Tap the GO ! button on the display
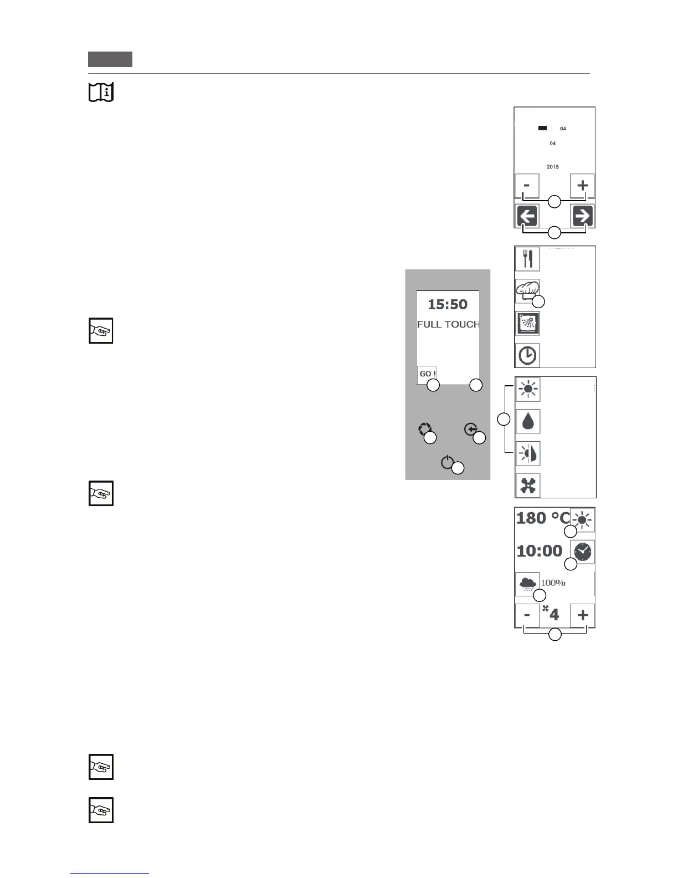[427, 374]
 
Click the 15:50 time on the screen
[448, 304]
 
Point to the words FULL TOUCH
[448, 324]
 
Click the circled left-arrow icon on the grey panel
[471, 430]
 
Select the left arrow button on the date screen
[527, 216]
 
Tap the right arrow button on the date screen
[582, 216]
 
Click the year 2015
[552, 167]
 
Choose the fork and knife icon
[527, 259]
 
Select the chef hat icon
[527, 290]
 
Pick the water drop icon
[527, 421]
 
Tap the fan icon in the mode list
[527, 486]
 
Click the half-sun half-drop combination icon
[527, 453]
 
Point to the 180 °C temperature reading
[542, 518]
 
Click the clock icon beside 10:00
[582, 552]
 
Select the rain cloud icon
[527, 583]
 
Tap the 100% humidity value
[553, 583]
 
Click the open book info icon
[101, 92]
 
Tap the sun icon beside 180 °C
[583, 519]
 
